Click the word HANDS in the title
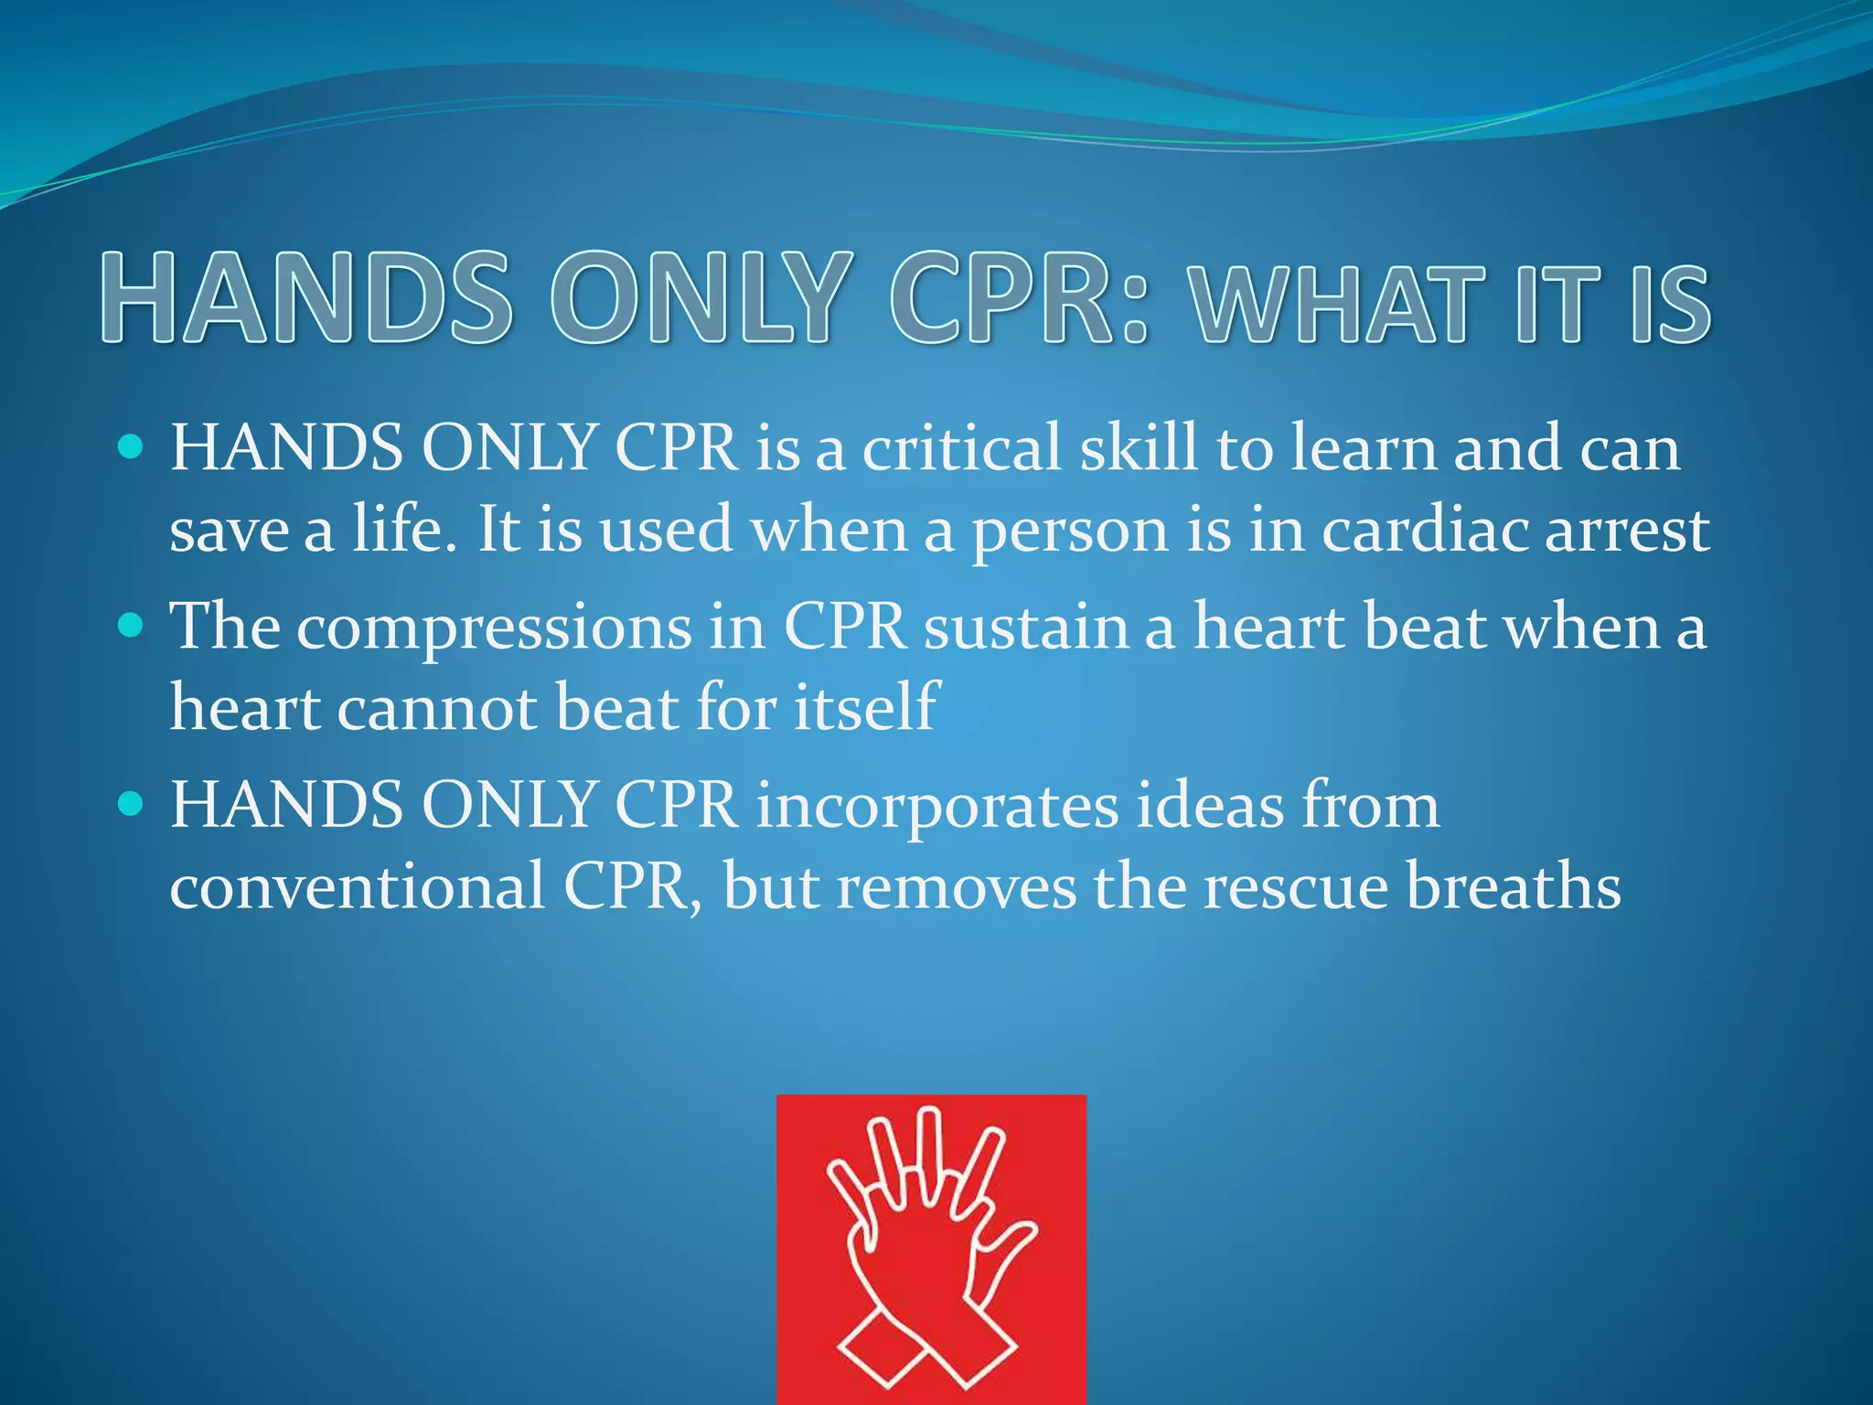click(306, 298)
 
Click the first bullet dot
click(132, 448)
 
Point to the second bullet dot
click(132, 627)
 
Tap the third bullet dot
click(132, 805)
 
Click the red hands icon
click(931, 1249)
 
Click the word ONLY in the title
click(695, 298)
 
